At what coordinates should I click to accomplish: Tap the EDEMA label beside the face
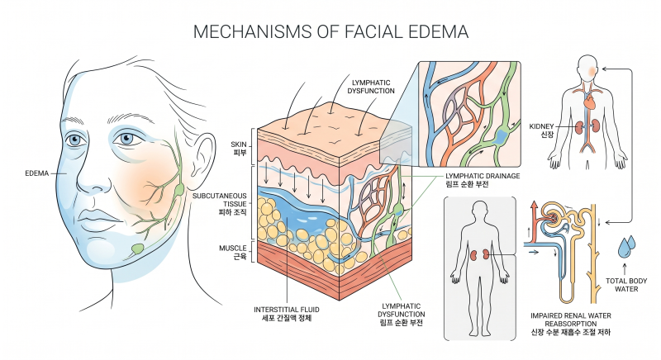[37, 173]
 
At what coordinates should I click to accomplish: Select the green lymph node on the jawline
[137, 249]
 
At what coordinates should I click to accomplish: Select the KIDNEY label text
[541, 126]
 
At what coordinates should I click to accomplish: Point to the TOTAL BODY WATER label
[626, 285]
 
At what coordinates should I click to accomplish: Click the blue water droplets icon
[626, 247]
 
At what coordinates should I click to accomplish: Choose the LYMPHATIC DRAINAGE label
[483, 176]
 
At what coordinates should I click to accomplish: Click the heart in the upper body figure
[589, 102]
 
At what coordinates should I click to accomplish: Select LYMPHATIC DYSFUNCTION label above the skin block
[371, 87]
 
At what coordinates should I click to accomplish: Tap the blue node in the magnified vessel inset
[501, 136]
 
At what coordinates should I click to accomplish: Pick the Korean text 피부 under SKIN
[240, 153]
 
